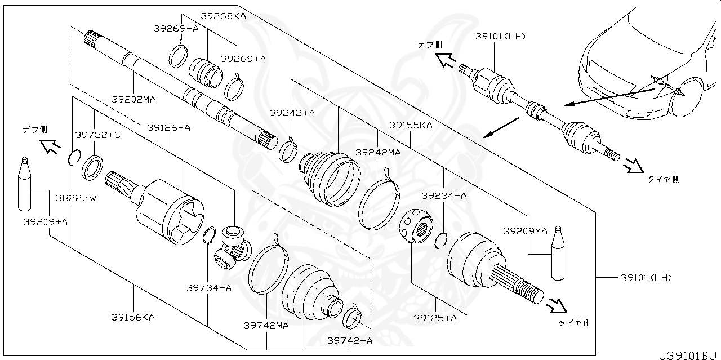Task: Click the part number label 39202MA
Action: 133,99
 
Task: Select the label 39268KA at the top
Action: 224,16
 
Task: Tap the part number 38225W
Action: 77,198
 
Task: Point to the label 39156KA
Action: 133,317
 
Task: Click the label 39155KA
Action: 410,125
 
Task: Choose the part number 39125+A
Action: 435,318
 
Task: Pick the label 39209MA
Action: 525,230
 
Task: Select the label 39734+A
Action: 209,288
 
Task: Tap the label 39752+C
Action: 97,135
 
